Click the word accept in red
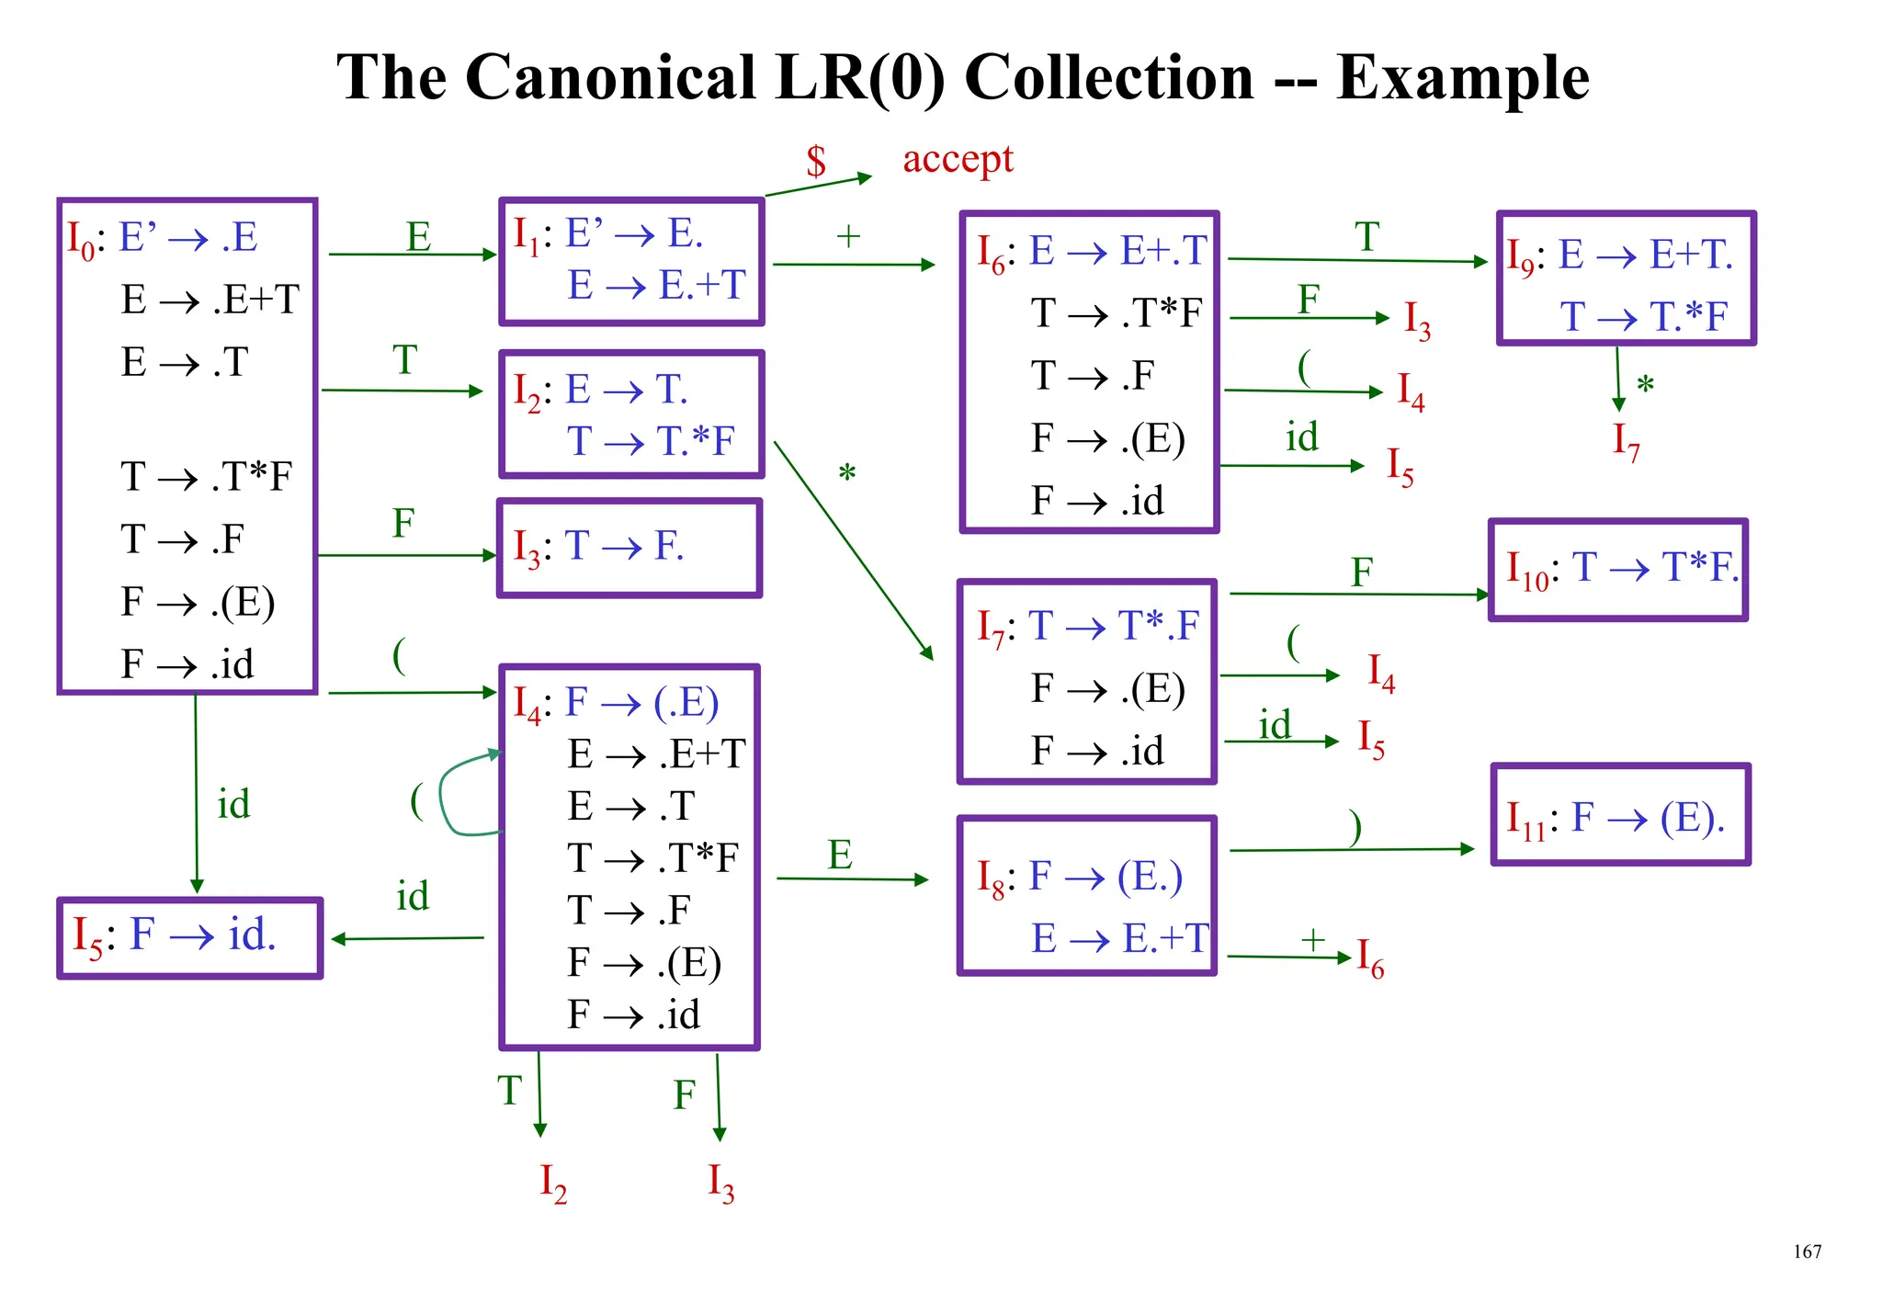pos(958,160)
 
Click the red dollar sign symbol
pos(816,162)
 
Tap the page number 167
pos(1807,1252)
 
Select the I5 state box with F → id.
pos(189,937)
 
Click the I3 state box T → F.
pos(629,549)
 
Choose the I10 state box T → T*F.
pos(1617,570)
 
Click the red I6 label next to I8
pos(1370,958)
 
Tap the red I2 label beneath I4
pos(553,1184)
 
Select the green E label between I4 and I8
pos(840,855)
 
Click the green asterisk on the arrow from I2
pos(846,474)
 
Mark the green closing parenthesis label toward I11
pos(1355,827)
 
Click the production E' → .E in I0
pos(188,237)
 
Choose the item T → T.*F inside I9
pos(1643,316)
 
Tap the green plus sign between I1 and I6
pos(847,237)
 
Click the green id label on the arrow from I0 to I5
pos(233,805)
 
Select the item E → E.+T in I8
pos(1118,938)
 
